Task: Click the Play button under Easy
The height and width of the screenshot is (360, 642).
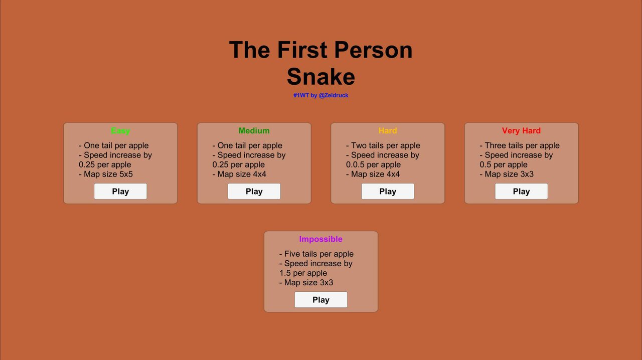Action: (x=120, y=191)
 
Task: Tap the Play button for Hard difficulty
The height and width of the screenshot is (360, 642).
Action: (x=388, y=191)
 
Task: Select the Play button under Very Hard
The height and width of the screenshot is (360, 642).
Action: (x=521, y=191)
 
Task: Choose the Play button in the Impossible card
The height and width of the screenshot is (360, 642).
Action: (x=321, y=299)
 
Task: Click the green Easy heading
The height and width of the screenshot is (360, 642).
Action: (x=120, y=131)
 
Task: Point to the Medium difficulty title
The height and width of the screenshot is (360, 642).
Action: (x=254, y=131)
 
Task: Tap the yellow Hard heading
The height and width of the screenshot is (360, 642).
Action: (x=388, y=131)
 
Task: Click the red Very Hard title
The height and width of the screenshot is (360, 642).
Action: (x=521, y=131)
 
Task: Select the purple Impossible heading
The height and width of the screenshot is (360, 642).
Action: (x=320, y=239)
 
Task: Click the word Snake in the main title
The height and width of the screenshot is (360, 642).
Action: (x=321, y=77)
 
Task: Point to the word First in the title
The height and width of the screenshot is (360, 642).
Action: (x=302, y=50)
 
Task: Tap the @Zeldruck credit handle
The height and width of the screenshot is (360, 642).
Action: (x=334, y=95)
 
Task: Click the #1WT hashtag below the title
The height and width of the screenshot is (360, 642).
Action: (x=301, y=95)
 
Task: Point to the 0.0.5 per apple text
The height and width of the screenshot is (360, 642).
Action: (x=374, y=164)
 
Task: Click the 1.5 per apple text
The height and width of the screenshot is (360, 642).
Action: (x=303, y=273)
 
